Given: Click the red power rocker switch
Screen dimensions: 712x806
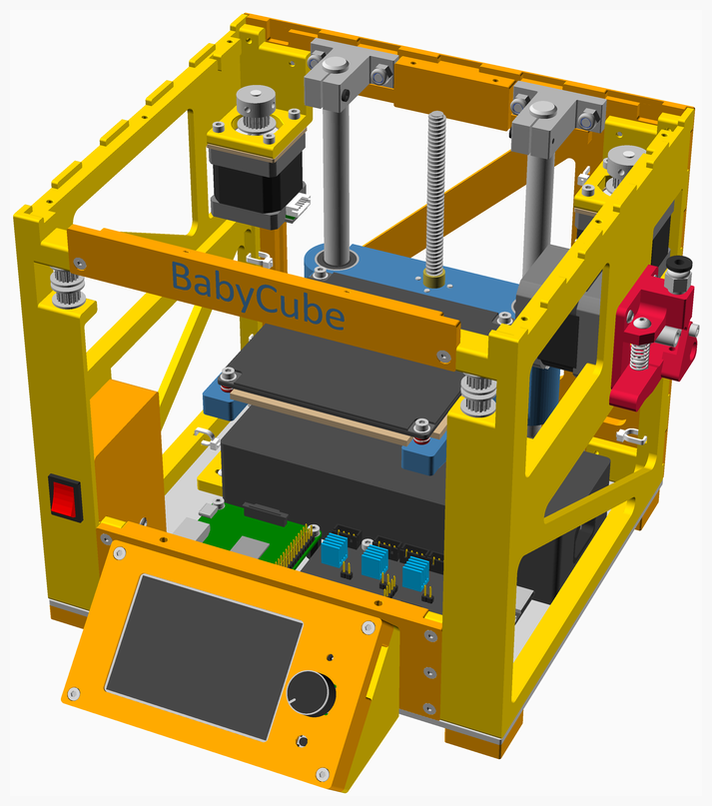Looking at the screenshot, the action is point(66,497).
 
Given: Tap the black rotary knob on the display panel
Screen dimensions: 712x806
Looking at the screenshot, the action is point(311,693).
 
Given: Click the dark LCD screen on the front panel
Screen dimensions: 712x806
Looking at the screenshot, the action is point(204,656).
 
